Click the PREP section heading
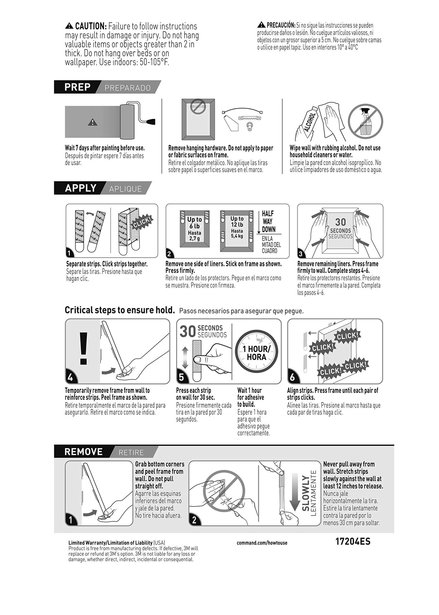pos(77,87)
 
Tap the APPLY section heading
pos(81,188)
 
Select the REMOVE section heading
pos(83,452)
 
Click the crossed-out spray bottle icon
pos(365,121)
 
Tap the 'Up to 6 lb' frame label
pos(194,223)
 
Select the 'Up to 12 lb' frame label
pos(237,222)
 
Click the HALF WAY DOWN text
pos(268,221)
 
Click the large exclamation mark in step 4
pos(83,348)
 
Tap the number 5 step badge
pos(181,377)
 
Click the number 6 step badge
pos(292,377)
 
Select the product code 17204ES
pos(353,541)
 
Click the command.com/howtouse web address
pos(262,543)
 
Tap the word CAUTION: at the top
pos(91,26)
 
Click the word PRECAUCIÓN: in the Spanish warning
pos(281,25)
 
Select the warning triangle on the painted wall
pos(92,123)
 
